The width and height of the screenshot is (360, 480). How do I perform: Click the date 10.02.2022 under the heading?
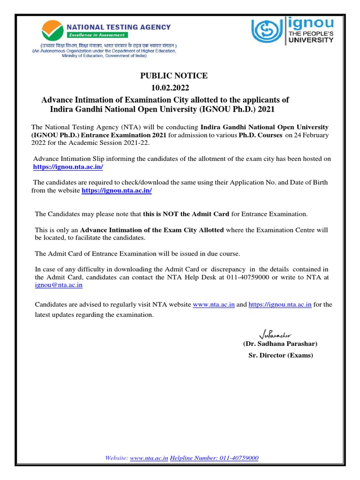171,88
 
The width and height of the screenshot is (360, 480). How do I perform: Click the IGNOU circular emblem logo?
266,31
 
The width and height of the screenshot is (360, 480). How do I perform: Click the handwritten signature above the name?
275,335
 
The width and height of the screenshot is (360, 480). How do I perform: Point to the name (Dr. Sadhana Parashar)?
280,344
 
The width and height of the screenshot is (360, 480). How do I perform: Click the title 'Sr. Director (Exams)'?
280,355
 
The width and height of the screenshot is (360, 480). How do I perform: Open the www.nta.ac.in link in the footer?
149,457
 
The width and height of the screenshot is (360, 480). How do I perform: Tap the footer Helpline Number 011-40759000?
214,457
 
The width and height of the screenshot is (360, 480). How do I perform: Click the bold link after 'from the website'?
117,191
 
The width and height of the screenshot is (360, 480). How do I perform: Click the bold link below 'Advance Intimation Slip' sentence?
68,167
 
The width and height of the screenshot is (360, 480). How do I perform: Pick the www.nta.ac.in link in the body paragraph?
214,304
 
